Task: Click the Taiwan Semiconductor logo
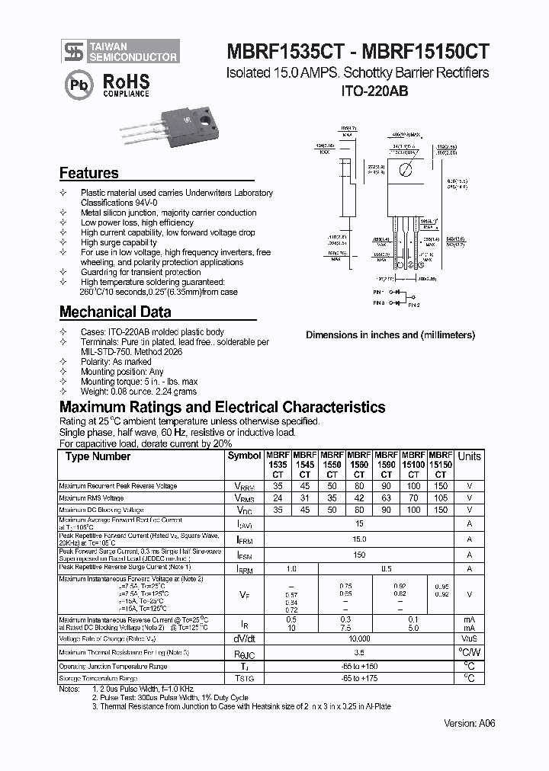[120, 51]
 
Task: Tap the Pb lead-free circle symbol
[78, 84]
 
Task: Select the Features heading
[89, 173]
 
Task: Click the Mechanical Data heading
[115, 312]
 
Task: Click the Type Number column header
[98, 456]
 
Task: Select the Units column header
[469, 456]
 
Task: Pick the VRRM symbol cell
[243, 486]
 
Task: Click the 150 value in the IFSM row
[359, 555]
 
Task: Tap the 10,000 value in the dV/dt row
[359, 638]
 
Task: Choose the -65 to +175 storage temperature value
[359, 678]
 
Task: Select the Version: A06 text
[469, 723]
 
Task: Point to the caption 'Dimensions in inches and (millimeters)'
[390, 334]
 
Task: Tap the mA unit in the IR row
[469, 619]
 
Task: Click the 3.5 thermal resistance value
[359, 653]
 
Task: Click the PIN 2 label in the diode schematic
[414, 305]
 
